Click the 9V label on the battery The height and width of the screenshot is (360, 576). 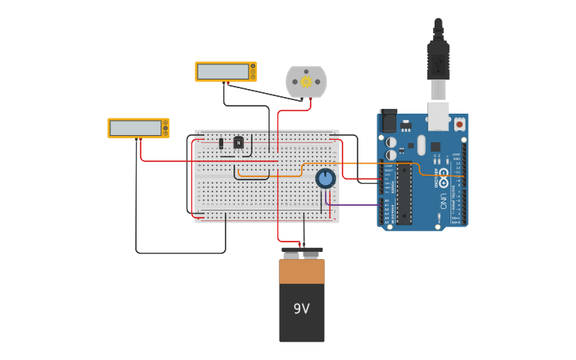(301, 308)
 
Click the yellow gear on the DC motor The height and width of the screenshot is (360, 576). (306, 81)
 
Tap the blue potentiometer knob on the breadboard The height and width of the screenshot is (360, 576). (326, 177)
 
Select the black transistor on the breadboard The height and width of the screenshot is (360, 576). (238, 142)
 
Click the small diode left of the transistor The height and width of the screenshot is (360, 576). (221, 143)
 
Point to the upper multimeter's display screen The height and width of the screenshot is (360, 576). (223, 72)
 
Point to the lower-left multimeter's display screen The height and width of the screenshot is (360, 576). (136, 128)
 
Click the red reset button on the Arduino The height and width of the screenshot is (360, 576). (459, 124)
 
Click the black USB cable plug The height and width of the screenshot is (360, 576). (438, 60)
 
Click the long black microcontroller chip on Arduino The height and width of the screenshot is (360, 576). (404, 193)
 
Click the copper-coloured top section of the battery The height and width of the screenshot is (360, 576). (302, 271)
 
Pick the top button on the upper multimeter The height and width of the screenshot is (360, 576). (253, 66)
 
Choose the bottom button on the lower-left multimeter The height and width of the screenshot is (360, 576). (166, 133)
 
